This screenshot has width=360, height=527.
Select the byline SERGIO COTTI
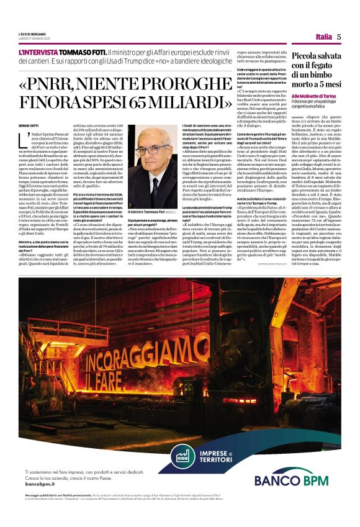pos(29,126)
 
